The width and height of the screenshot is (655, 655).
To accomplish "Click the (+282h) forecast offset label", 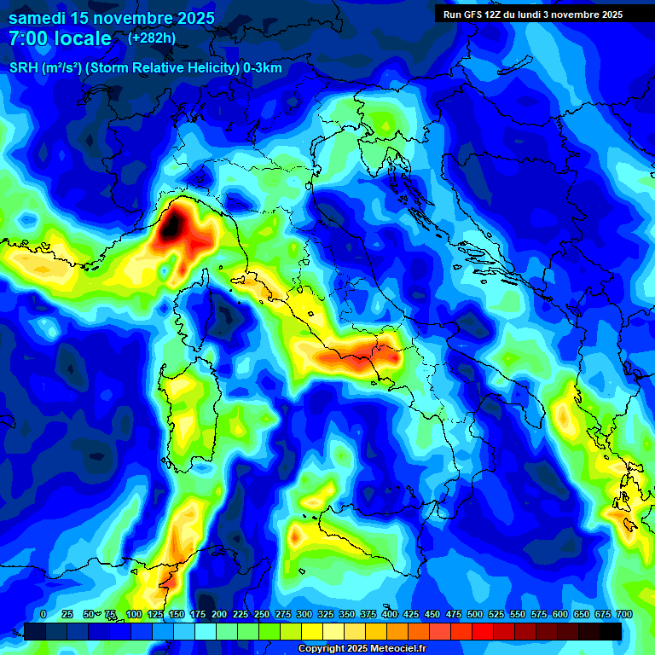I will coord(153,38).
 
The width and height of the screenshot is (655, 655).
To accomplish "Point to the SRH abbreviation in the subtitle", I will coord(23,68).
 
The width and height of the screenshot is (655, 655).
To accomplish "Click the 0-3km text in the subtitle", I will coord(262,68).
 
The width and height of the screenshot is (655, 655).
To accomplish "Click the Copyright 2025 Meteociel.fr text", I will coord(362,649).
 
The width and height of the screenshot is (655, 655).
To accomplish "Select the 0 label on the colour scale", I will coord(43,614).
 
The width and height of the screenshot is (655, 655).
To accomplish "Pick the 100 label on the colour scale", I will coord(133,614).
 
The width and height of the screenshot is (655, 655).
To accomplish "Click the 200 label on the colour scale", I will coord(218,614).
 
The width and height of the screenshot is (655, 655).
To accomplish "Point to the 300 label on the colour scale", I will coord(304,614).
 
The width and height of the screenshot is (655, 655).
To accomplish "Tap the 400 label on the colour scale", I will coord(389,614).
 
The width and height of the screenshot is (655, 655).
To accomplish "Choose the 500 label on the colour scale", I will coord(474,614).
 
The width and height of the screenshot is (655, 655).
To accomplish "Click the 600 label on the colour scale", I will coord(559,614).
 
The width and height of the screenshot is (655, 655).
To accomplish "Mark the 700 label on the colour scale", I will coord(623,614).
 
